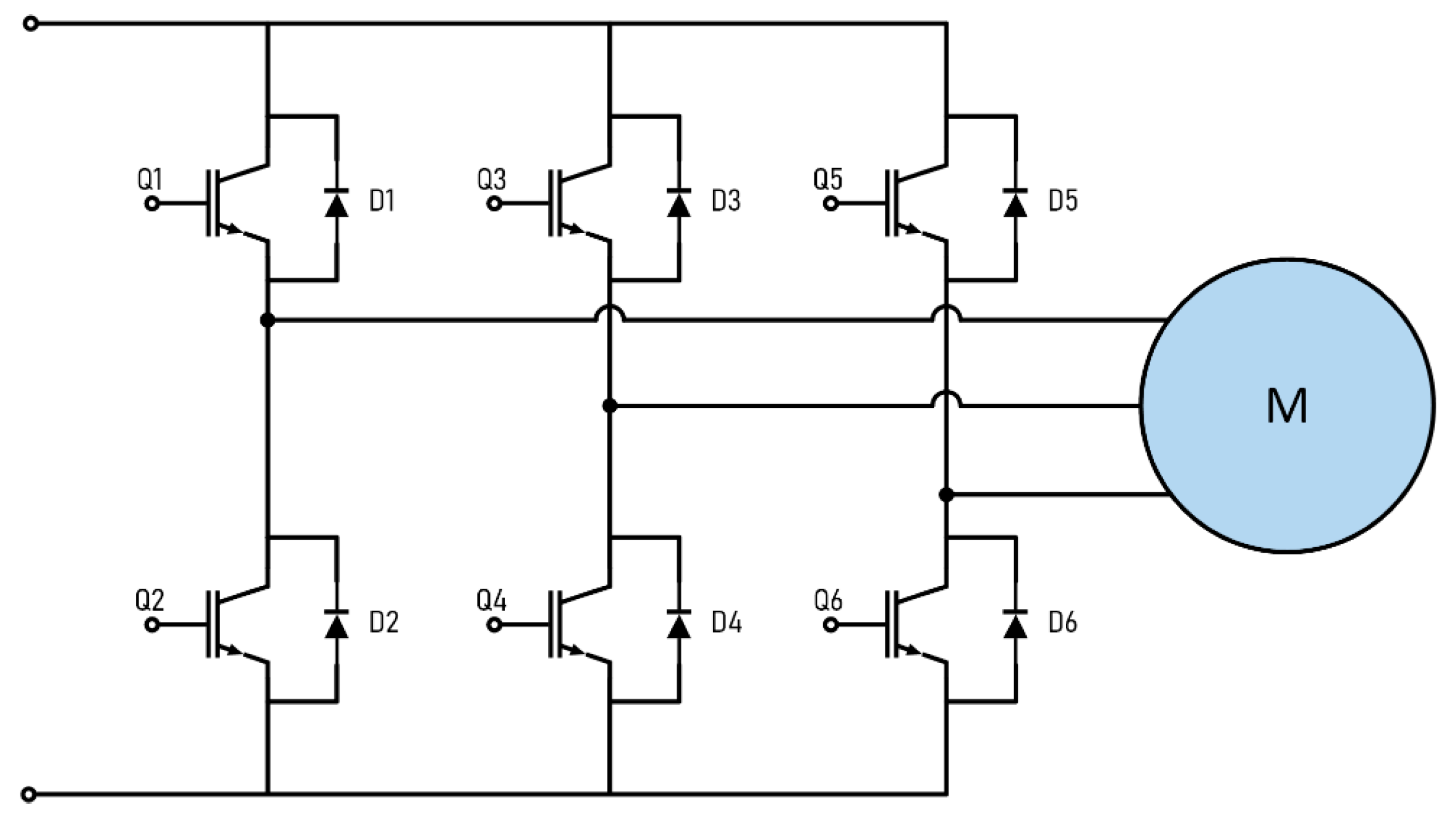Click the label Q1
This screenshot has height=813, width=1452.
point(150,180)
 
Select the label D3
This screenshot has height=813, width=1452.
point(725,201)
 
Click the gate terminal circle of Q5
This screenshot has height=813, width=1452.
point(831,203)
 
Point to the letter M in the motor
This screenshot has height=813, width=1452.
point(1287,407)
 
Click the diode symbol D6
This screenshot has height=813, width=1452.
point(1015,624)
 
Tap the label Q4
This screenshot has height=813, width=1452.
point(491,600)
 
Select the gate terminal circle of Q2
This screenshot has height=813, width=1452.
point(152,626)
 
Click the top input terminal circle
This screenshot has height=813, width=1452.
point(30,24)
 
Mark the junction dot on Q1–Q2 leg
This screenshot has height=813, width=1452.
point(268,320)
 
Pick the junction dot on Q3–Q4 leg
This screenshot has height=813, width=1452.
point(610,406)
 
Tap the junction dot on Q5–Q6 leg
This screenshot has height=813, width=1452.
point(946,495)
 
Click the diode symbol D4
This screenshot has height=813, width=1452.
point(679,624)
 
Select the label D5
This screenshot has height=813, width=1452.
point(1063,201)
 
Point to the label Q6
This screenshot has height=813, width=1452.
point(828,600)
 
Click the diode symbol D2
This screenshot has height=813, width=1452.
point(336,624)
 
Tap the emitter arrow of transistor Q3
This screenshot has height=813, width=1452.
point(575,229)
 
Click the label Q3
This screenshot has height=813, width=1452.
point(491,180)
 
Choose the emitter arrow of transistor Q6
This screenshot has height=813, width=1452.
point(911,650)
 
